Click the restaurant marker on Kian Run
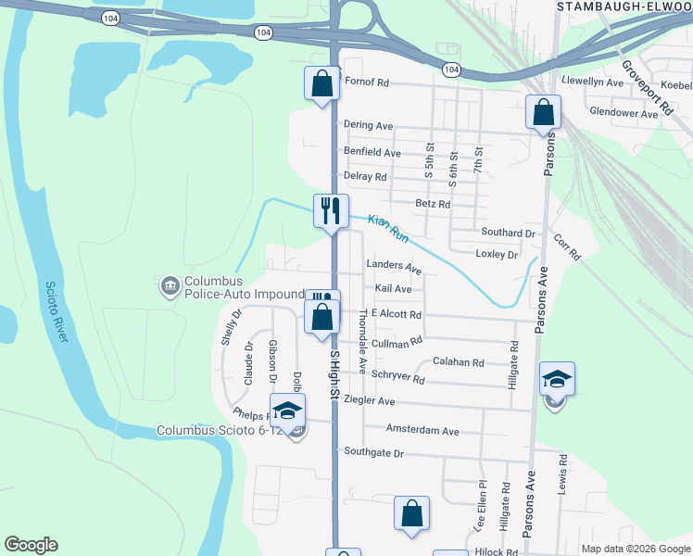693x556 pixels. pos(330,211)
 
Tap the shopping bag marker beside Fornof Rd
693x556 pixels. pos(321,83)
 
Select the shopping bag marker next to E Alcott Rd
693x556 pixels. pos(321,317)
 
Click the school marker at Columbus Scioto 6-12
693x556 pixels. pos(288,411)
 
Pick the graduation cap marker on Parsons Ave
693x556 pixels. pos(557,379)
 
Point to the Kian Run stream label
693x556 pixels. pos(388,229)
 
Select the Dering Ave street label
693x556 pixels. pos(369,125)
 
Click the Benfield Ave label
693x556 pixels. pos(372,152)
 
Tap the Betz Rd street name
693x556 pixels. pos(433,204)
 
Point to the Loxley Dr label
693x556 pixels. pos(496,254)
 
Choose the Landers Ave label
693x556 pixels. pos(394,267)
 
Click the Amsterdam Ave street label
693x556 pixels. pos(422,431)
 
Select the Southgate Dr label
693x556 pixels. pos(373,453)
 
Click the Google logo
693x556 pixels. pos(31,545)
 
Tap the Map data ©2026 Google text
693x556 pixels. pos(636,549)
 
